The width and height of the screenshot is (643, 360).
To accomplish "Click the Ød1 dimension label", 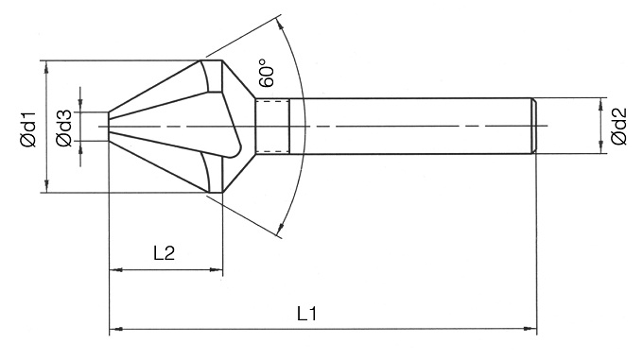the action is pyautogui.click(x=28, y=129).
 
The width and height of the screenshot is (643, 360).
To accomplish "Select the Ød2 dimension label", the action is pyautogui.click(x=618, y=127).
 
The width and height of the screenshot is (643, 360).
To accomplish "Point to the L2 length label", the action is pyautogui.click(x=164, y=253).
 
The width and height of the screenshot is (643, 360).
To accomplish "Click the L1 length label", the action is pyautogui.click(x=307, y=314).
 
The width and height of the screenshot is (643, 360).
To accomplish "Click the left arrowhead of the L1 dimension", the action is pyautogui.click(x=116, y=329).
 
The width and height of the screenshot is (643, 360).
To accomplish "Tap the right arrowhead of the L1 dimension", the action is pyautogui.click(x=530, y=329).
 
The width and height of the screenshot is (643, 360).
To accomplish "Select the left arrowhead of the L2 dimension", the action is pyautogui.click(x=116, y=270).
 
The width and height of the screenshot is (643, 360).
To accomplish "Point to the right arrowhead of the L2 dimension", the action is pyautogui.click(x=216, y=270).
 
